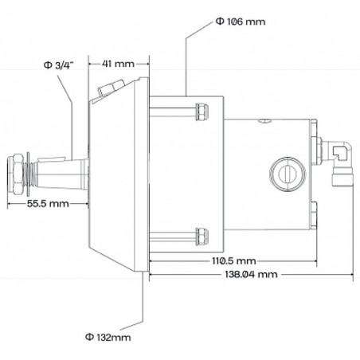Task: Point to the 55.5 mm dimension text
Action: pyautogui.click(x=46, y=203)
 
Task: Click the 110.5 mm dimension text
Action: pyautogui.click(x=233, y=260)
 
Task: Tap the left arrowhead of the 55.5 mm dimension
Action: pyautogui.click(x=9, y=203)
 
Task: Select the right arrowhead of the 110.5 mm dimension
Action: pyautogui.click(x=317, y=260)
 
